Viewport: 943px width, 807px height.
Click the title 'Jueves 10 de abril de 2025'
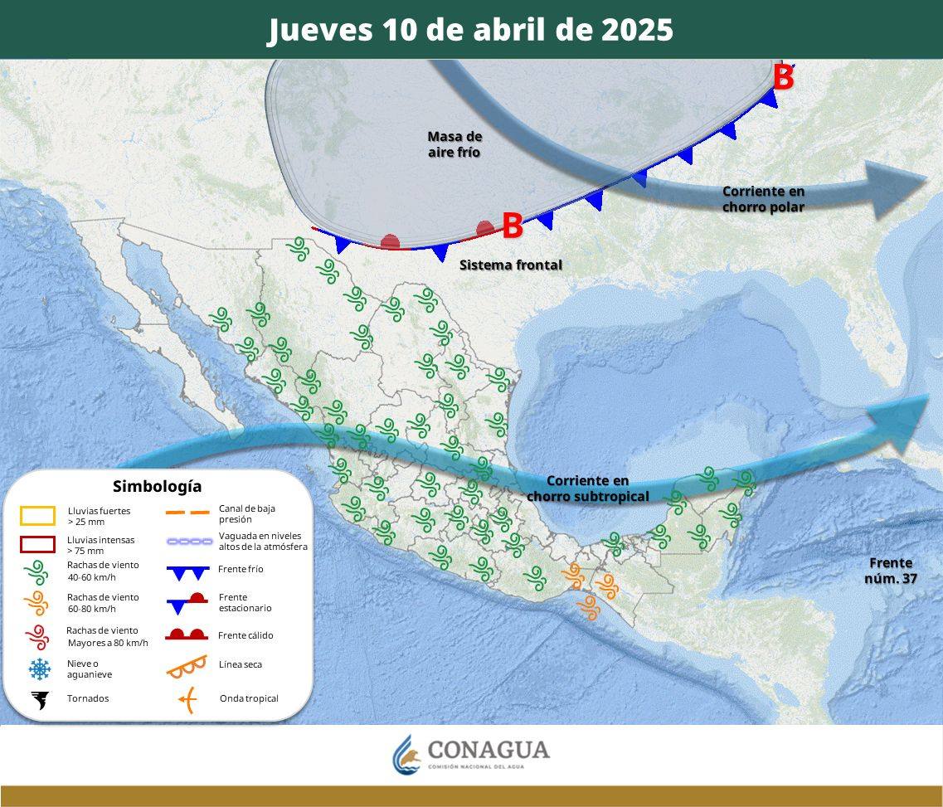pyautogui.click(x=470, y=30)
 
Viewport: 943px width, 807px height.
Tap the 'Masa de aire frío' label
pyautogui.click(x=454, y=144)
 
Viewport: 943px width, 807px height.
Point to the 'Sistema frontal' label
pyautogui.click(x=511, y=265)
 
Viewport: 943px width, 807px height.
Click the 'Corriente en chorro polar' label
pyautogui.click(x=763, y=199)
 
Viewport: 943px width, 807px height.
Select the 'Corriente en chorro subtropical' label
pyautogui.click(x=588, y=489)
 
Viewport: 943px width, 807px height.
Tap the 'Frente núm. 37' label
pyautogui.click(x=891, y=571)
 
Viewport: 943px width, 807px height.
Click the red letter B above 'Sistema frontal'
pyautogui.click(x=513, y=226)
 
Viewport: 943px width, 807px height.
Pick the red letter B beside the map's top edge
pyautogui.click(x=783, y=78)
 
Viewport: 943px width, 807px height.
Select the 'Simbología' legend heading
pyautogui.click(x=157, y=487)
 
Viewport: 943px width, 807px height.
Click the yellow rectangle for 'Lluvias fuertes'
pyautogui.click(x=37, y=516)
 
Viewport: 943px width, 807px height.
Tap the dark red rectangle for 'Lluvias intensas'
pyautogui.click(x=37, y=545)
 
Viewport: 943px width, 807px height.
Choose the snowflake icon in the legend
pyautogui.click(x=38, y=668)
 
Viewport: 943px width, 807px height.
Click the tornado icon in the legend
pyautogui.click(x=38, y=700)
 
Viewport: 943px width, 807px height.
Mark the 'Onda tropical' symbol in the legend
pyautogui.click(x=187, y=700)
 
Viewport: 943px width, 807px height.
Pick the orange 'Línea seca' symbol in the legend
pyautogui.click(x=187, y=665)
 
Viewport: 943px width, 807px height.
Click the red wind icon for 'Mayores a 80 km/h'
pyautogui.click(x=37, y=636)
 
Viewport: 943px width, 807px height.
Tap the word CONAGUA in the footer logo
pyautogui.click(x=489, y=751)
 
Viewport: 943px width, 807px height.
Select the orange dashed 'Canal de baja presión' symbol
pyautogui.click(x=187, y=513)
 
